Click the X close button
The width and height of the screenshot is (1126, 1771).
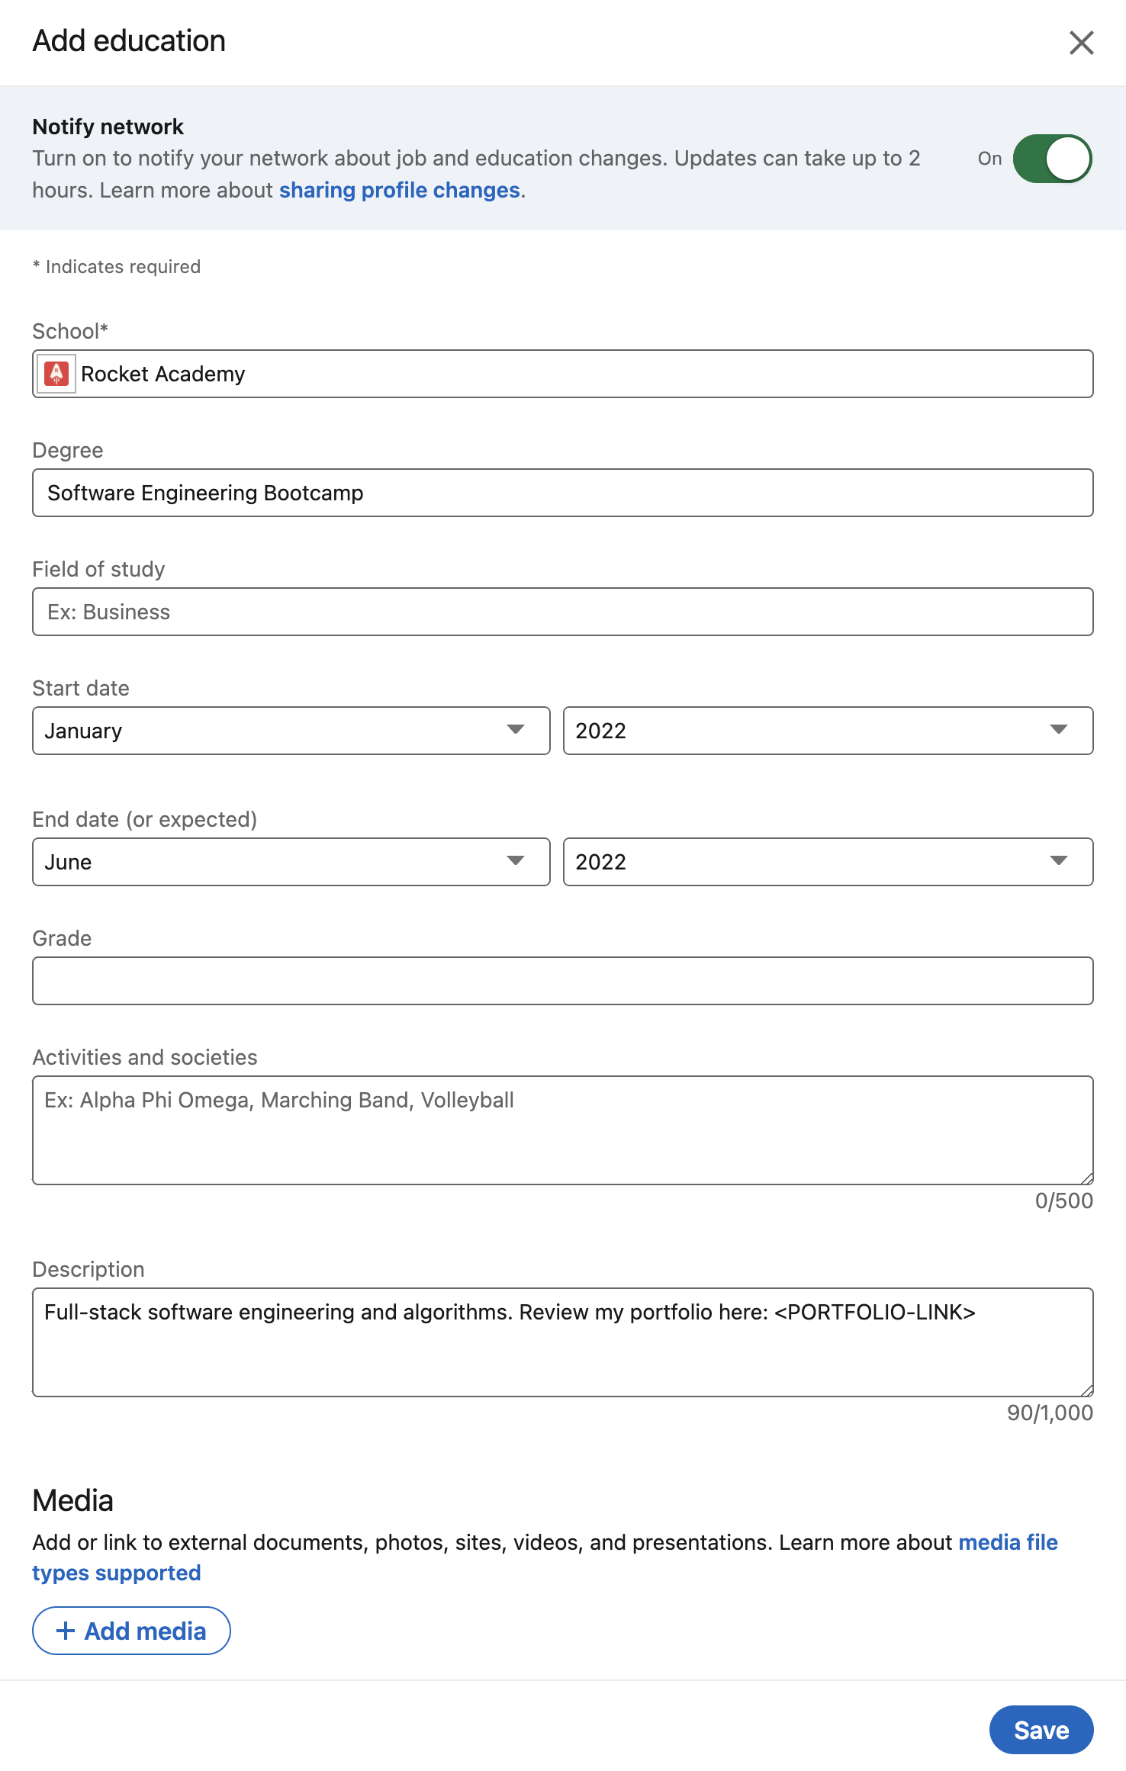point(1081,43)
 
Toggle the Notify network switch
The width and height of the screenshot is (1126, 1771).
point(1052,159)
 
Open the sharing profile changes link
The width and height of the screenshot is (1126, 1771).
point(399,190)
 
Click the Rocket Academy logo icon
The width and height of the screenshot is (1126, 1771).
point(56,374)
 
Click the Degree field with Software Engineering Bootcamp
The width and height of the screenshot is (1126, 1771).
point(562,493)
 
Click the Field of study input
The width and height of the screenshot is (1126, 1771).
point(562,612)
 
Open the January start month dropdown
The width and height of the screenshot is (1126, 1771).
point(291,731)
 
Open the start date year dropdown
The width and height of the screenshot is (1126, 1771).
point(828,731)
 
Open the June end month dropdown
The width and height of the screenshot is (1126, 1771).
point(291,862)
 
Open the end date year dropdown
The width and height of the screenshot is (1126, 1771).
point(828,862)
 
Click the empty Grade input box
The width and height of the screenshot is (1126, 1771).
point(562,981)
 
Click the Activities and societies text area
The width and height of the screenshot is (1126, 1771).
point(562,1130)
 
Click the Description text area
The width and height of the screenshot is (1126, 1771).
point(562,1342)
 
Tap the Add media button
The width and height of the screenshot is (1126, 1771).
point(131,1631)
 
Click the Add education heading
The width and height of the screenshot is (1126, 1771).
point(129,41)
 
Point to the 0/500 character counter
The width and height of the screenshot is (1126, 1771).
point(1063,1201)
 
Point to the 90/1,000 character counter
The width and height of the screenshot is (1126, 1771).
point(1050,1413)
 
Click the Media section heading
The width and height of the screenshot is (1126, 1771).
point(73,1500)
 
